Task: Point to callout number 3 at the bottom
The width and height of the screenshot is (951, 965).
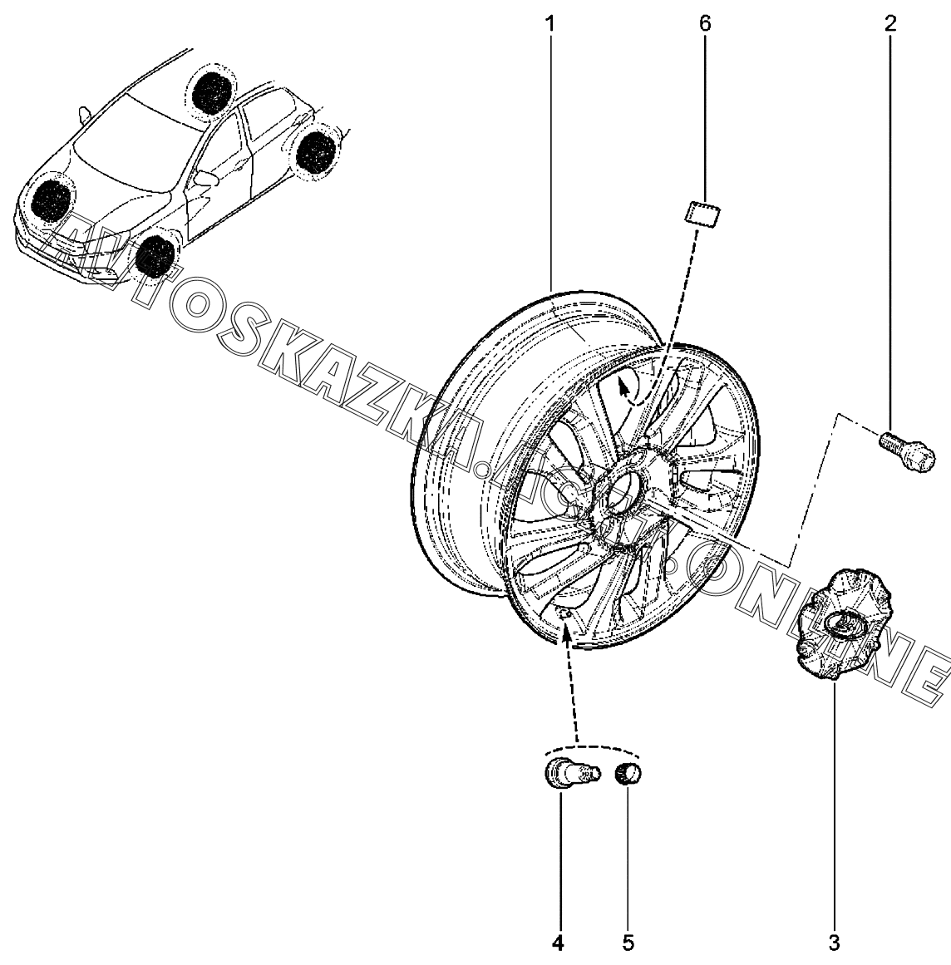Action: click(x=834, y=943)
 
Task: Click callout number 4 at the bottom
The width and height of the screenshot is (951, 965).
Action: click(x=558, y=943)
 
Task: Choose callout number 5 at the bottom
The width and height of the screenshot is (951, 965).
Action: click(x=628, y=943)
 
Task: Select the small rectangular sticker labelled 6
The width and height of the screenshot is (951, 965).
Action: click(x=703, y=214)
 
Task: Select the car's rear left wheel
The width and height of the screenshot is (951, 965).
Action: click(x=317, y=152)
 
